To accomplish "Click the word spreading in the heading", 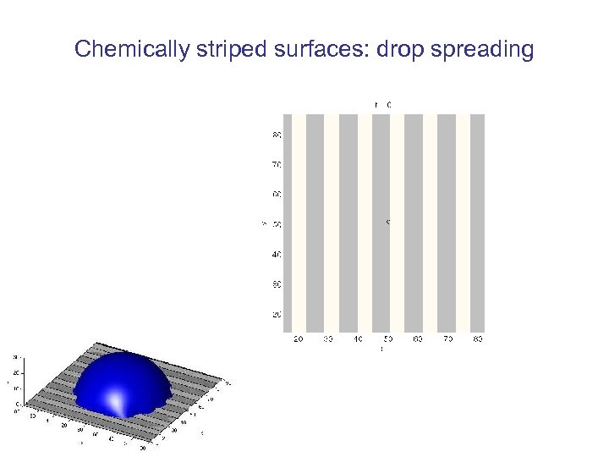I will coord(481,49).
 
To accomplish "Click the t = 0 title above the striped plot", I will coord(382,104).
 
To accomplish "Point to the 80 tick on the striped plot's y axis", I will coord(277,135).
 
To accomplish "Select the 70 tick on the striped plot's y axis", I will coord(277,164).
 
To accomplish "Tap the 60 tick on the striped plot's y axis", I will coord(277,194).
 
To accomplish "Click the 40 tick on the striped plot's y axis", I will coord(277,254).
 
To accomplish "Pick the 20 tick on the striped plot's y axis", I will coord(277,314).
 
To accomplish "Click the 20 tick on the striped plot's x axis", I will coord(298,339).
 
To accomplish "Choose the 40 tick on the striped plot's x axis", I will coord(358,339).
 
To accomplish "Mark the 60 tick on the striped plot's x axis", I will coord(417,339).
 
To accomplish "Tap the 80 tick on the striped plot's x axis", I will coord(477,339).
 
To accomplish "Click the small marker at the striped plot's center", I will coord(387,223).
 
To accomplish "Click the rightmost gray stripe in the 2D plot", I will coord(477,223).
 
